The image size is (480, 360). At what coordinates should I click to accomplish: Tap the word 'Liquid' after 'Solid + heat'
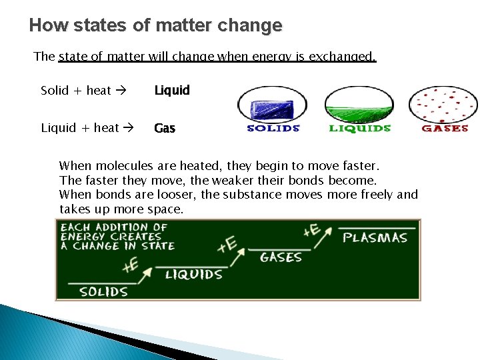[x=172, y=90]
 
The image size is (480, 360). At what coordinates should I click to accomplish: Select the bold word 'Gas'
[x=165, y=128]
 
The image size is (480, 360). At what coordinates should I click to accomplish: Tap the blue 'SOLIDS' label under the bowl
[x=273, y=128]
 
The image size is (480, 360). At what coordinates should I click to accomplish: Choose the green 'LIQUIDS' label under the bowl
[x=359, y=128]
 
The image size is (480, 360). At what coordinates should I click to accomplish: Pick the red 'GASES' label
[x=445, y=128]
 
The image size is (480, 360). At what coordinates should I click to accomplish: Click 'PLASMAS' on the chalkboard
[x=375, y=237]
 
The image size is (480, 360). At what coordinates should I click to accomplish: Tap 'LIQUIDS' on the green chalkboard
[x=193, y=274]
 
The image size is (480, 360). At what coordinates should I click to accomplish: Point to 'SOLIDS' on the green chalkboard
[x=103, y=291]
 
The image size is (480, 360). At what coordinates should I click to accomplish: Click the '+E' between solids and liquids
[x=131, y=265]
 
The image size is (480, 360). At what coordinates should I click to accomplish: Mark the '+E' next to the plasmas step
[x=311, y=231]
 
